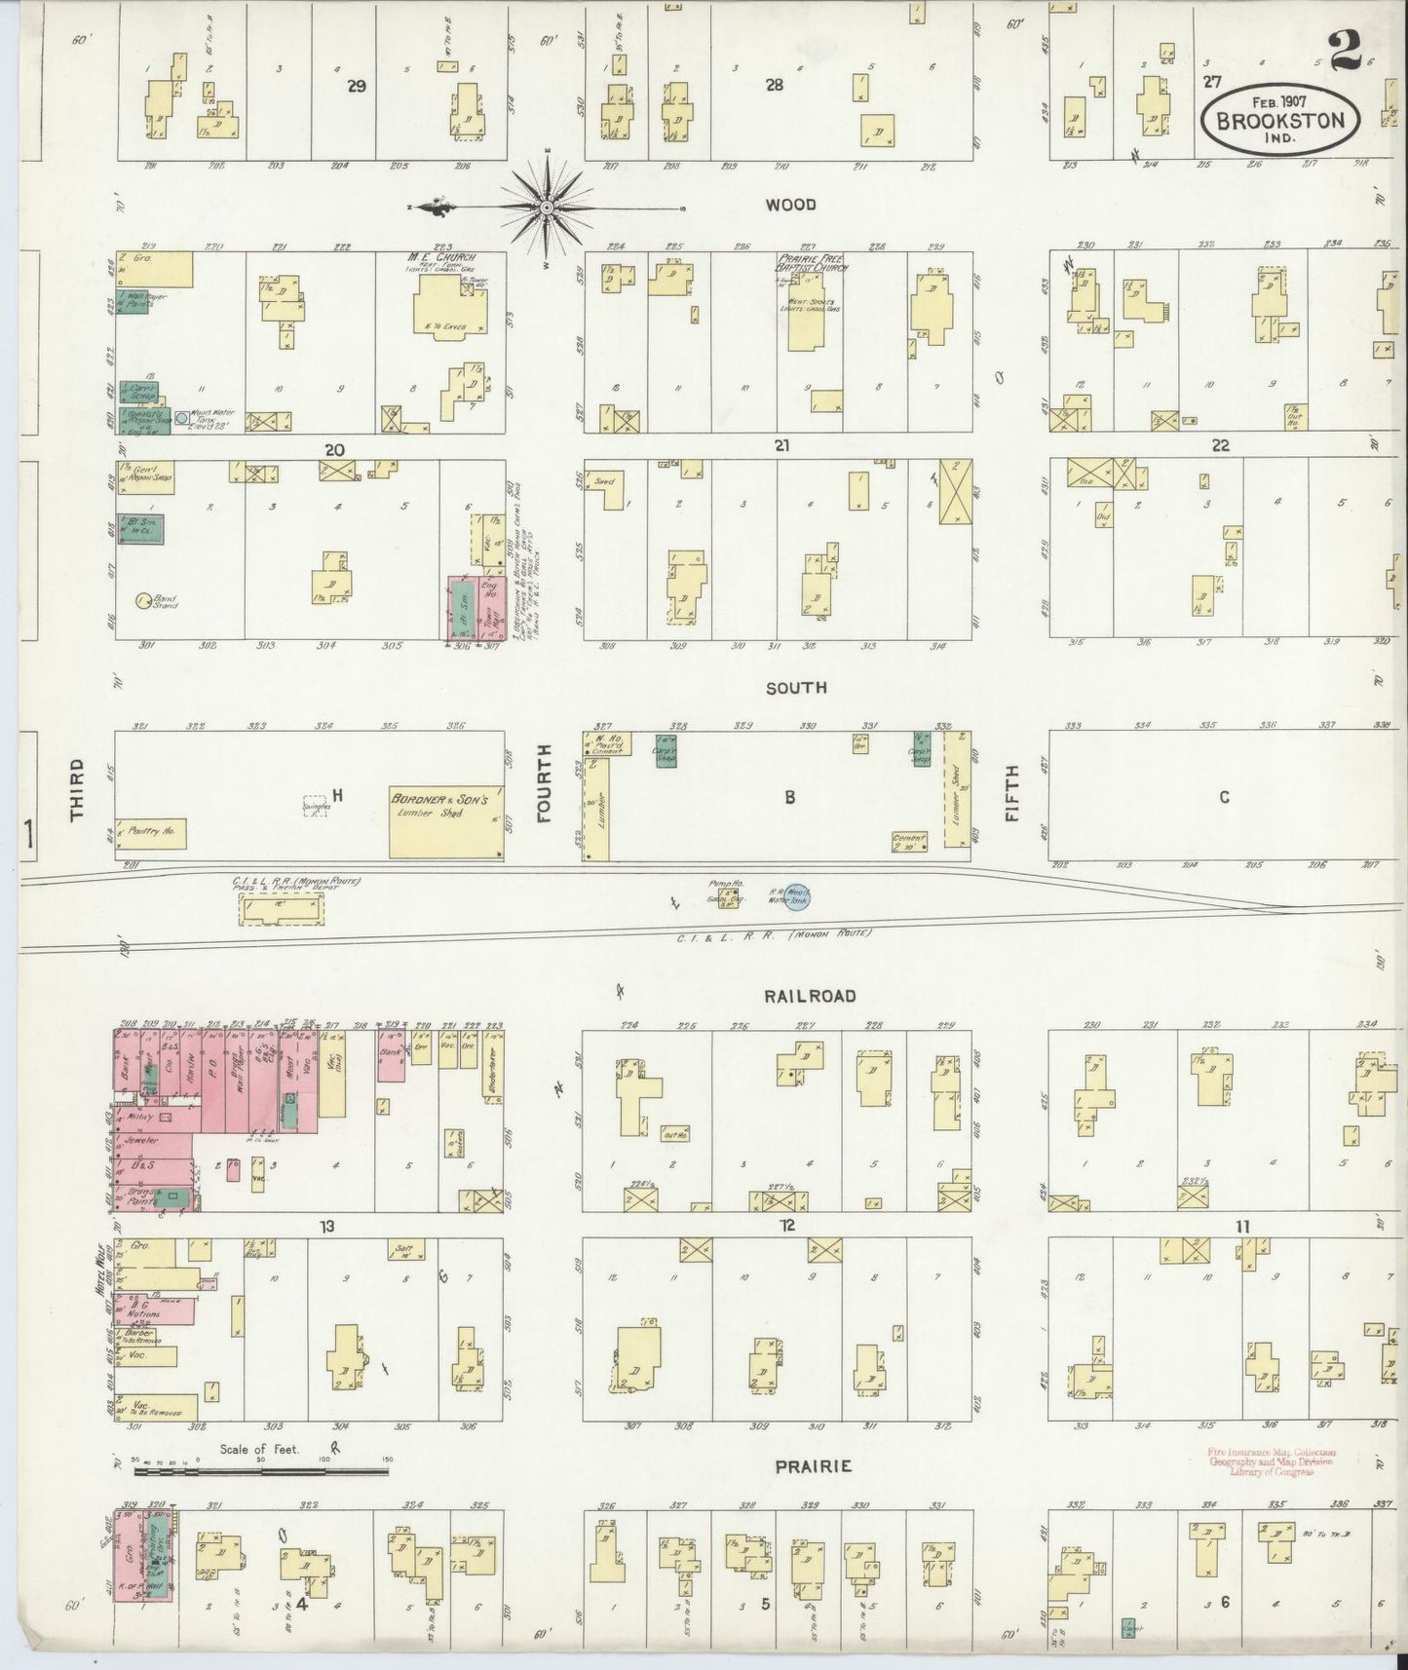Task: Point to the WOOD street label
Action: click(790, 206)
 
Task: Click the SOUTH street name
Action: click(796, 688)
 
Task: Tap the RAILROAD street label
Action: click(823, 996)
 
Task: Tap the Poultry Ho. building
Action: click(151, 834)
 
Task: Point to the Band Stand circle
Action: click(144, 601)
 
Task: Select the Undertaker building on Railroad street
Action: click(491, 1071)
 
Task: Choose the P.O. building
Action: click(214, 1082)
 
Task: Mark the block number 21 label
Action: click(780, 445)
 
